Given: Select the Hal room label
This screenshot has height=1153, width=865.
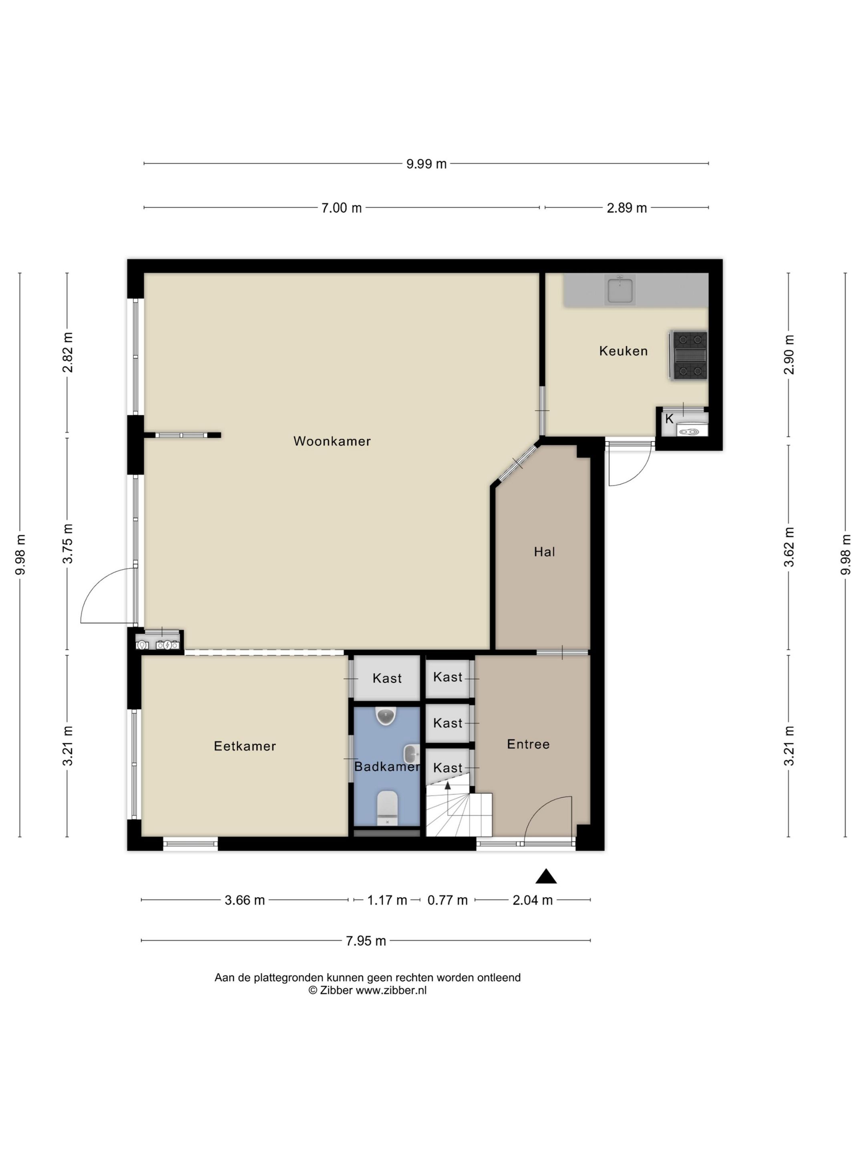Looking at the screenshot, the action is (x=544, y=552).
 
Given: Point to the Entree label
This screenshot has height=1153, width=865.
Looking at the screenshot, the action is (x=528, y=744).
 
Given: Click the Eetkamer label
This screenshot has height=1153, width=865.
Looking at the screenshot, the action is (x=245, y=746).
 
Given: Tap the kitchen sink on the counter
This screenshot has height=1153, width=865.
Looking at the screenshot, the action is (x=620, y=290).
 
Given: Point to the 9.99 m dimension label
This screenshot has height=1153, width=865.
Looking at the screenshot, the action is (x=426, y=164).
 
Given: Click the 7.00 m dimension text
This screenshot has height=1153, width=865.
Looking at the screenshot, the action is (x=341, y=208).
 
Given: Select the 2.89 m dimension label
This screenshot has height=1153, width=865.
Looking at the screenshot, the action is (x=626, y=208).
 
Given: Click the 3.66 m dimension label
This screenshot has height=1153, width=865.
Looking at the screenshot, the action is (x=245, y=900).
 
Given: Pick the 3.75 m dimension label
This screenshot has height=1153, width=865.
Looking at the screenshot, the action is (x=68, y=543).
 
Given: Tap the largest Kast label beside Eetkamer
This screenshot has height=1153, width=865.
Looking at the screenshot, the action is (x=387, y=678).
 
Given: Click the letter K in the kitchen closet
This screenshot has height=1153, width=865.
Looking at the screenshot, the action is (x=669, y=418).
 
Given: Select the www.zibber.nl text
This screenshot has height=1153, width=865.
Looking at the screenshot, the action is (x=391, y=990).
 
